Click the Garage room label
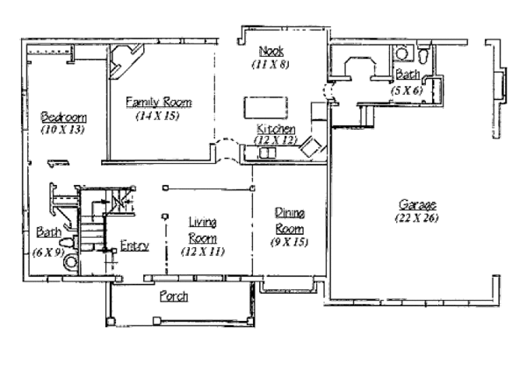click(417, 204)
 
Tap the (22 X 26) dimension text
click(416, 218)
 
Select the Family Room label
click(159, 102)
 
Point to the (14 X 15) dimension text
click(157, 116)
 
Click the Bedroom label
click(63, 117)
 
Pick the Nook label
click(271, 51)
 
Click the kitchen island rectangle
click(265, 108)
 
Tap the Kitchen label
click(276, 129)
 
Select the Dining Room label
click(289, 221)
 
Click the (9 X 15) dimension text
click(289, 242)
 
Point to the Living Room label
click(202, 230)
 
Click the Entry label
click(134, 245)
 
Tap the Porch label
click(174, 296)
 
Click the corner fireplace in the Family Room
click(126, 61)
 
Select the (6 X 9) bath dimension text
click(48, 252)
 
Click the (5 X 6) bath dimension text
click(407, 90)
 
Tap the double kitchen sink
click(268, 153)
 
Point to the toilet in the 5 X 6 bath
click(423, 53)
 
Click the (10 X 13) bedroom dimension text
click(62, 130)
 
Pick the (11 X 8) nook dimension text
click(271, 64)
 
